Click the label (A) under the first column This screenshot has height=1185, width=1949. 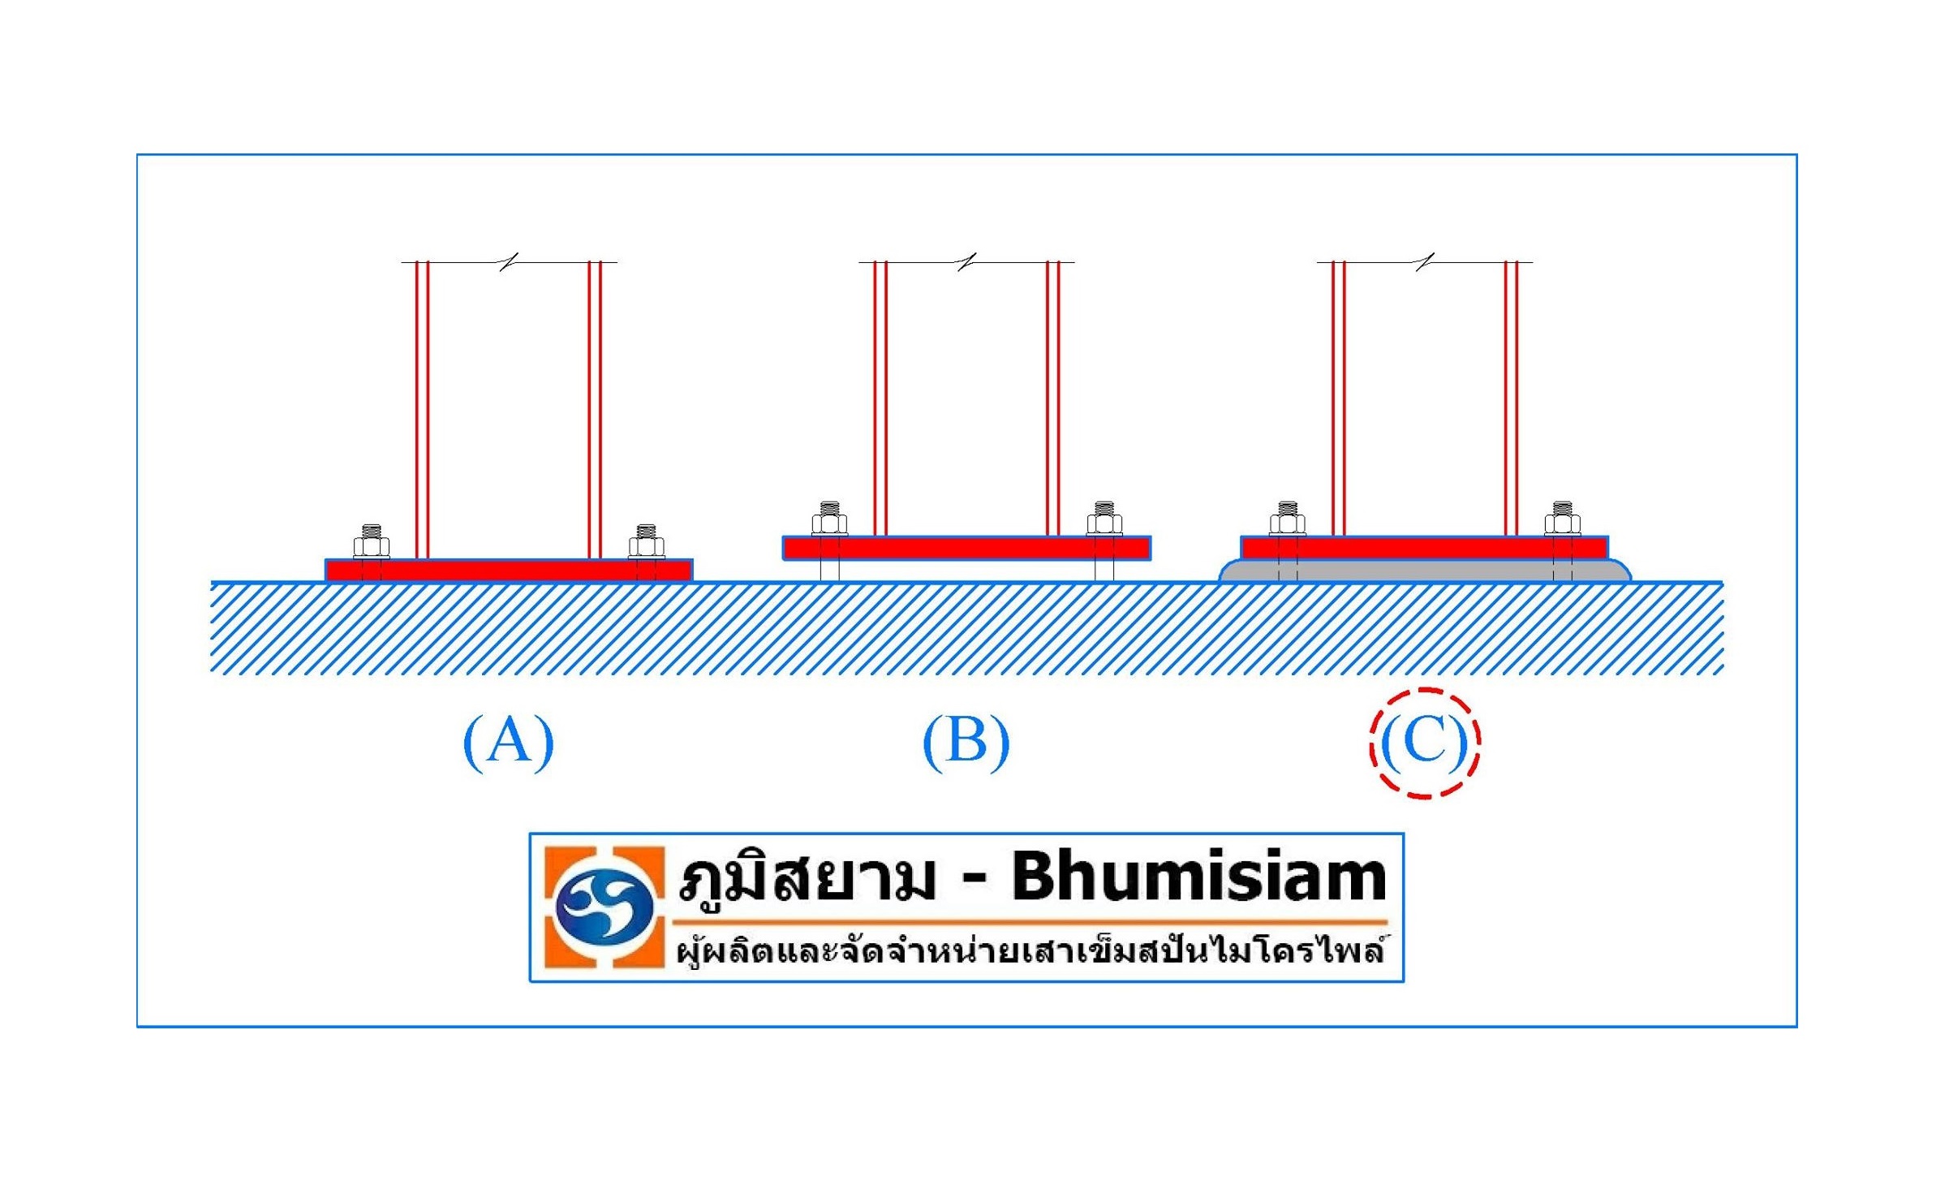(509, 741)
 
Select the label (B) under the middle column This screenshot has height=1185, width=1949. (966, 741)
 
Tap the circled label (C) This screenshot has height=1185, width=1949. (1425, 742)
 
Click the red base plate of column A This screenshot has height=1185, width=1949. (509, 571)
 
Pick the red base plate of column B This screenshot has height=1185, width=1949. (966, 548)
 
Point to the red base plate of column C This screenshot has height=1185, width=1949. (1424, 548)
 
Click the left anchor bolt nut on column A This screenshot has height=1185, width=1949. (372, 545)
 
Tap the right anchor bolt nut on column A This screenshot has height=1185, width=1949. (647, 545)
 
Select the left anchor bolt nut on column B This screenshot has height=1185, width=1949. (829, 523)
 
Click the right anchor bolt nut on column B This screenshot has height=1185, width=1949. (1104, 523)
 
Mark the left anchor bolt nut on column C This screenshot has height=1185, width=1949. (1288, 523)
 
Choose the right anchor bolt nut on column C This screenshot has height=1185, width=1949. (1563, 523)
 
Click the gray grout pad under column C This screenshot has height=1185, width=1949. (1424, 571)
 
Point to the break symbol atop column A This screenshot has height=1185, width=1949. (509, 261)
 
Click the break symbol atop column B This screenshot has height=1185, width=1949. (966, 261)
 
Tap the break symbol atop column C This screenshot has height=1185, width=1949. (1425, 261)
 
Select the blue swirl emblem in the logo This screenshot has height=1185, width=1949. (604, 907)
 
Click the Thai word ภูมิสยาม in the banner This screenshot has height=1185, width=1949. (807, 880)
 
